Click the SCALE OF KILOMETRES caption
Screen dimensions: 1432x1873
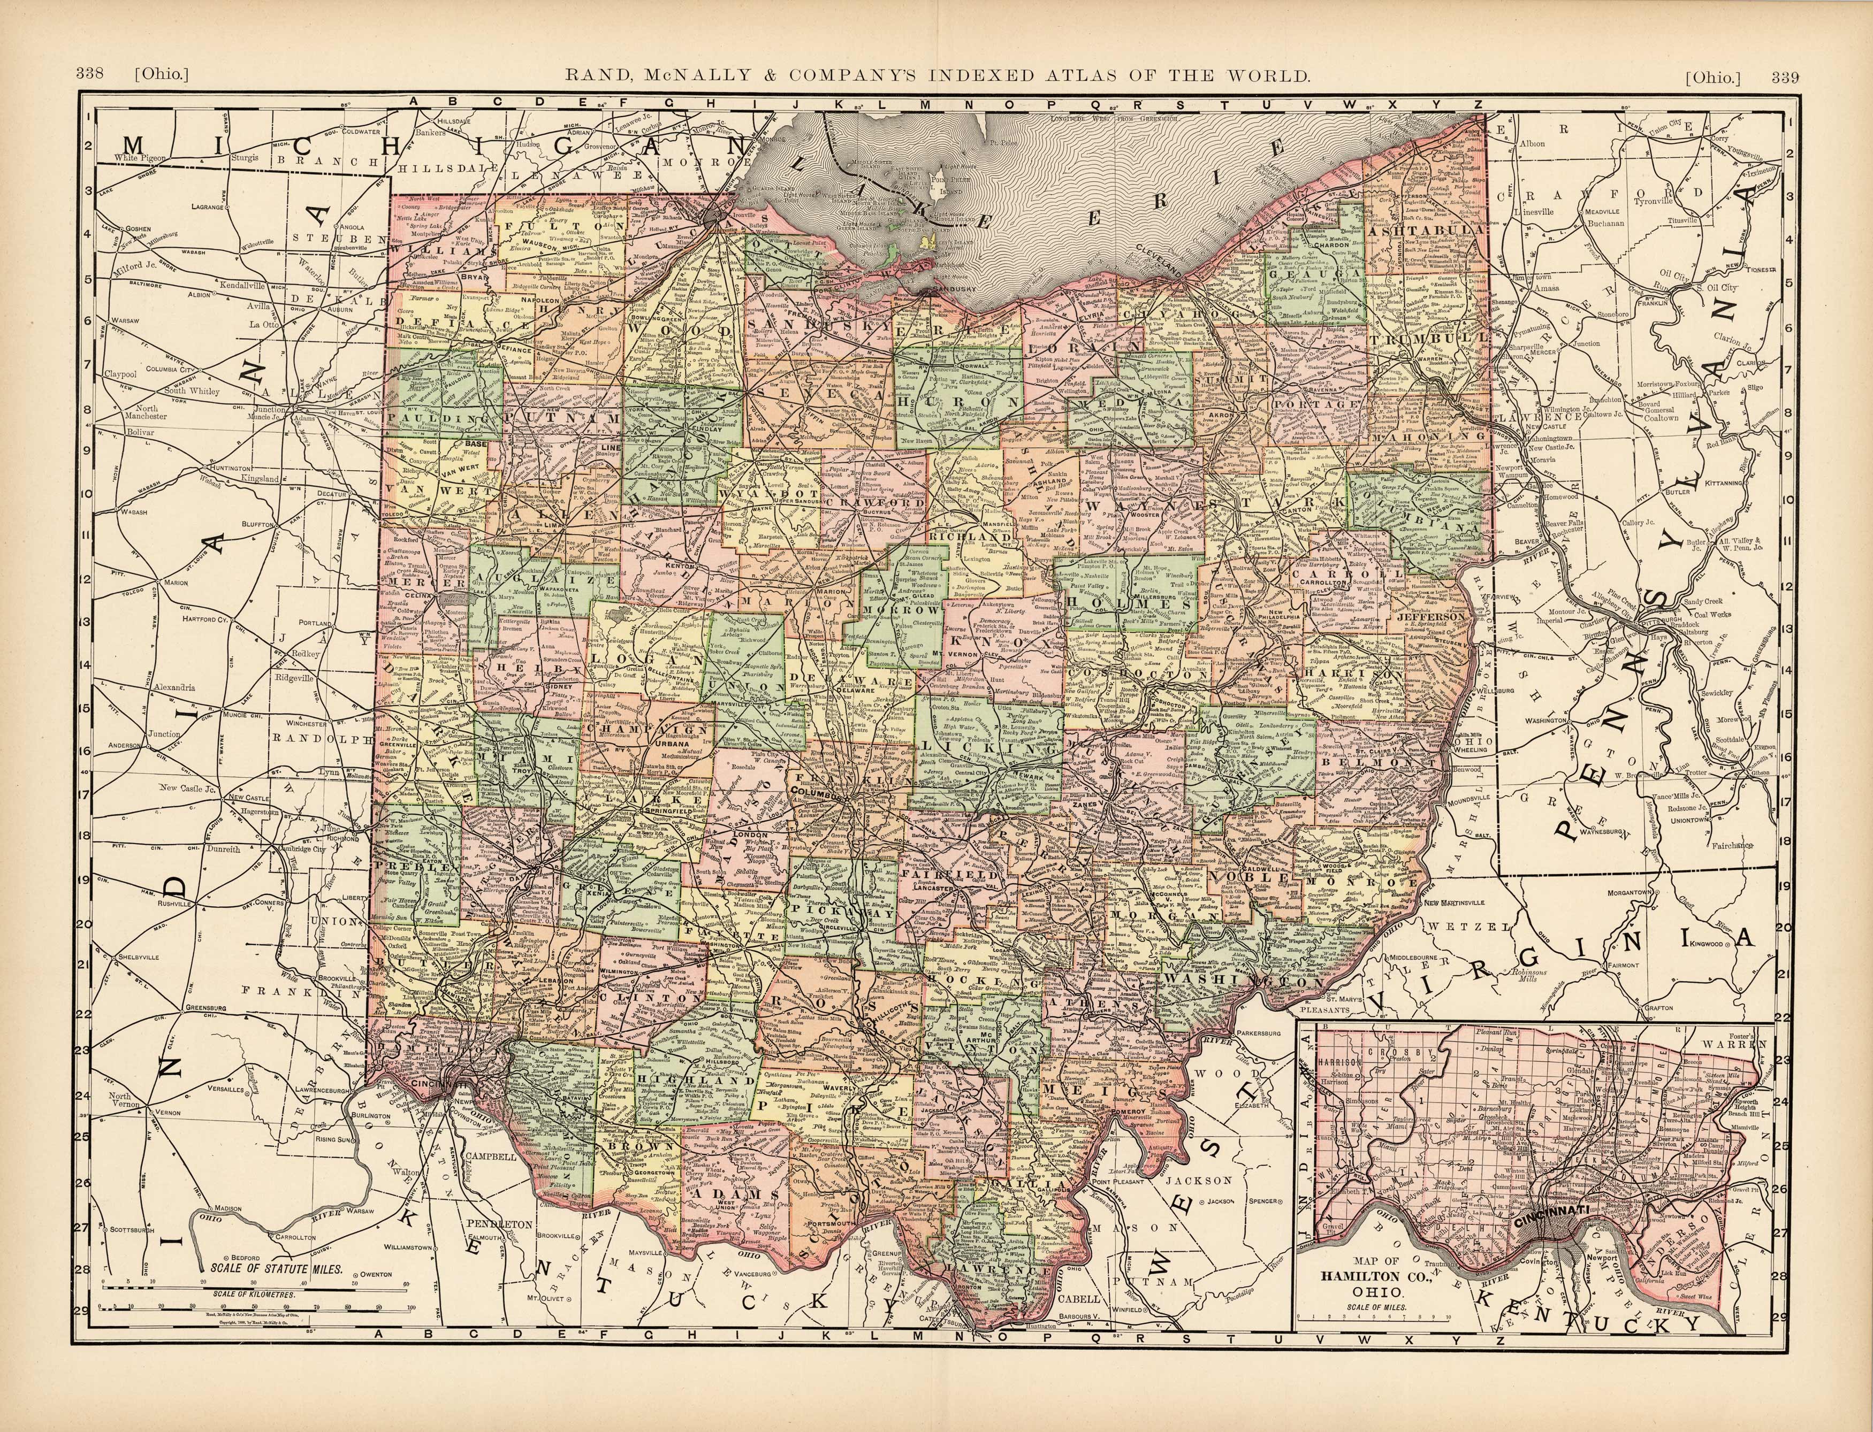pyautogui.click(x=255, y=1318)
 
